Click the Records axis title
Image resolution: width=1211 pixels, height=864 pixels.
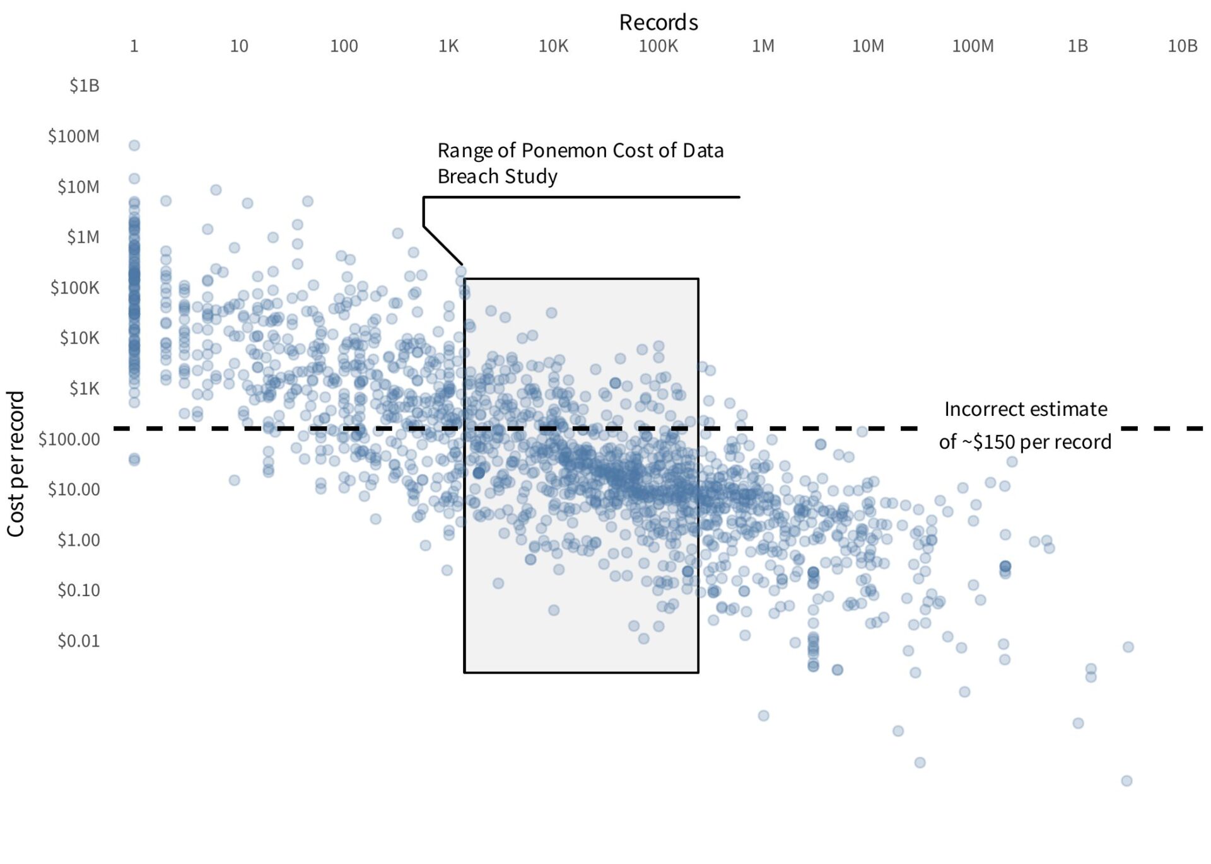658,23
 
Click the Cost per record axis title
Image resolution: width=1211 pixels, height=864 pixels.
16,464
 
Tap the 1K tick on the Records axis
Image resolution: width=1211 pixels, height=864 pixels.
448,46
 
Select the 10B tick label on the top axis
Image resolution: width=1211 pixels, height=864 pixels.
1182,46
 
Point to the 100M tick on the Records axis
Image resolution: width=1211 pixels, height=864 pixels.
972,46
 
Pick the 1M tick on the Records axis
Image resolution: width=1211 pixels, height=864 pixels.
763,46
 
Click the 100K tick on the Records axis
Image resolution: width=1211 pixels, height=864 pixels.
658,46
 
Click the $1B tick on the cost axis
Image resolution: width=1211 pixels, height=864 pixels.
85,86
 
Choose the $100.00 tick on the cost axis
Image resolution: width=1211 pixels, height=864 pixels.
69,439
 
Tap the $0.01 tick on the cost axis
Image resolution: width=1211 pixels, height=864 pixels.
79,641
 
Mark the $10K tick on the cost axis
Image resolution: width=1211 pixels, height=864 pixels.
79,338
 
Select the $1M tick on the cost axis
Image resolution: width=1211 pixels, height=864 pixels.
83,238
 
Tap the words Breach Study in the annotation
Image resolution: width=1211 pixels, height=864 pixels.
497,176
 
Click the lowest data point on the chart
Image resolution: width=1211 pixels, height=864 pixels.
1126,781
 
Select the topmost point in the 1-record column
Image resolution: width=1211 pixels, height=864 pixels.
134,146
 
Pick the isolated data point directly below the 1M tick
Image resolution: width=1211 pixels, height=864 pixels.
763,715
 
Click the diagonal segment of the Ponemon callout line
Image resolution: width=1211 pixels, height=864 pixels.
443,245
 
